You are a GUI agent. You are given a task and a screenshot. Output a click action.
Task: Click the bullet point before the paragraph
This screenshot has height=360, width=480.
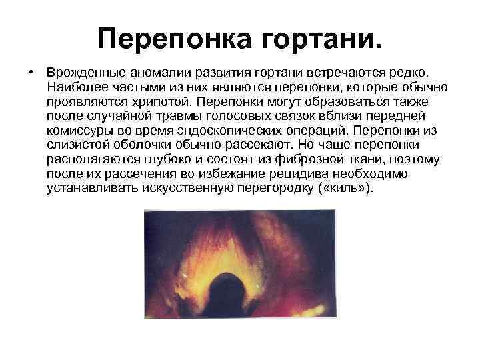pyautogui.click(x=31, y=71)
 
